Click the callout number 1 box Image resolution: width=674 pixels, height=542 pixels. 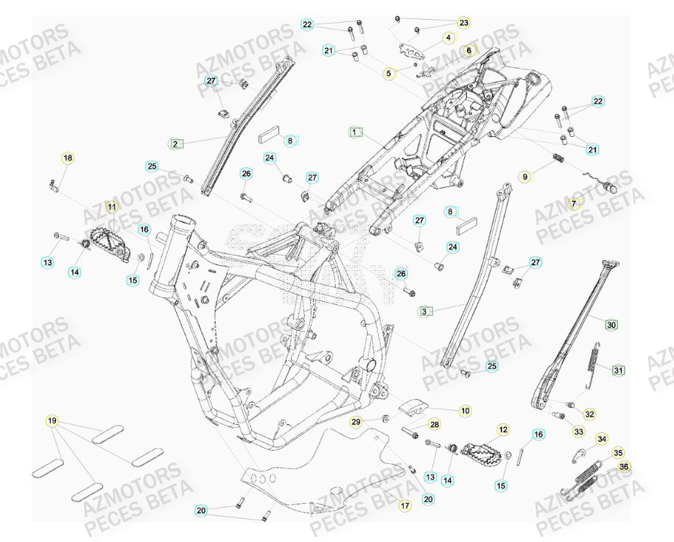[x=356, y=133]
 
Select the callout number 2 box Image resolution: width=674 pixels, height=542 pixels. [x=175, y=144]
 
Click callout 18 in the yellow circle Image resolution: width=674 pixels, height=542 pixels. [x=68, y=158]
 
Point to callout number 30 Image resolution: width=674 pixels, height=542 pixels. [x=611, y=324]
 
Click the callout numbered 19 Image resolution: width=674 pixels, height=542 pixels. [x=52, y=421]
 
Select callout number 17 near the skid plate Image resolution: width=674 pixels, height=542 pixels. [x=404, y=506]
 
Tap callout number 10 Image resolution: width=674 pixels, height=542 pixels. [x=466, y=410]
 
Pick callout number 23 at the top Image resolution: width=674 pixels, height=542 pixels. [x=463, y=23]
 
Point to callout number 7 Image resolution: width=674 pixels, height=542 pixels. [x=575, y=203]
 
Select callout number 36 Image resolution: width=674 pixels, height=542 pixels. [x=625, y=466]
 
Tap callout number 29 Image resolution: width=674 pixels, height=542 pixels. [x=356, y=422]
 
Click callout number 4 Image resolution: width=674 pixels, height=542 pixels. [x=447, y=37]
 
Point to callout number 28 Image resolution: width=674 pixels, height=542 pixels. [x=434, y=424]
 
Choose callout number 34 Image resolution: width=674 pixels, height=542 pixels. [x=602, y=439]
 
